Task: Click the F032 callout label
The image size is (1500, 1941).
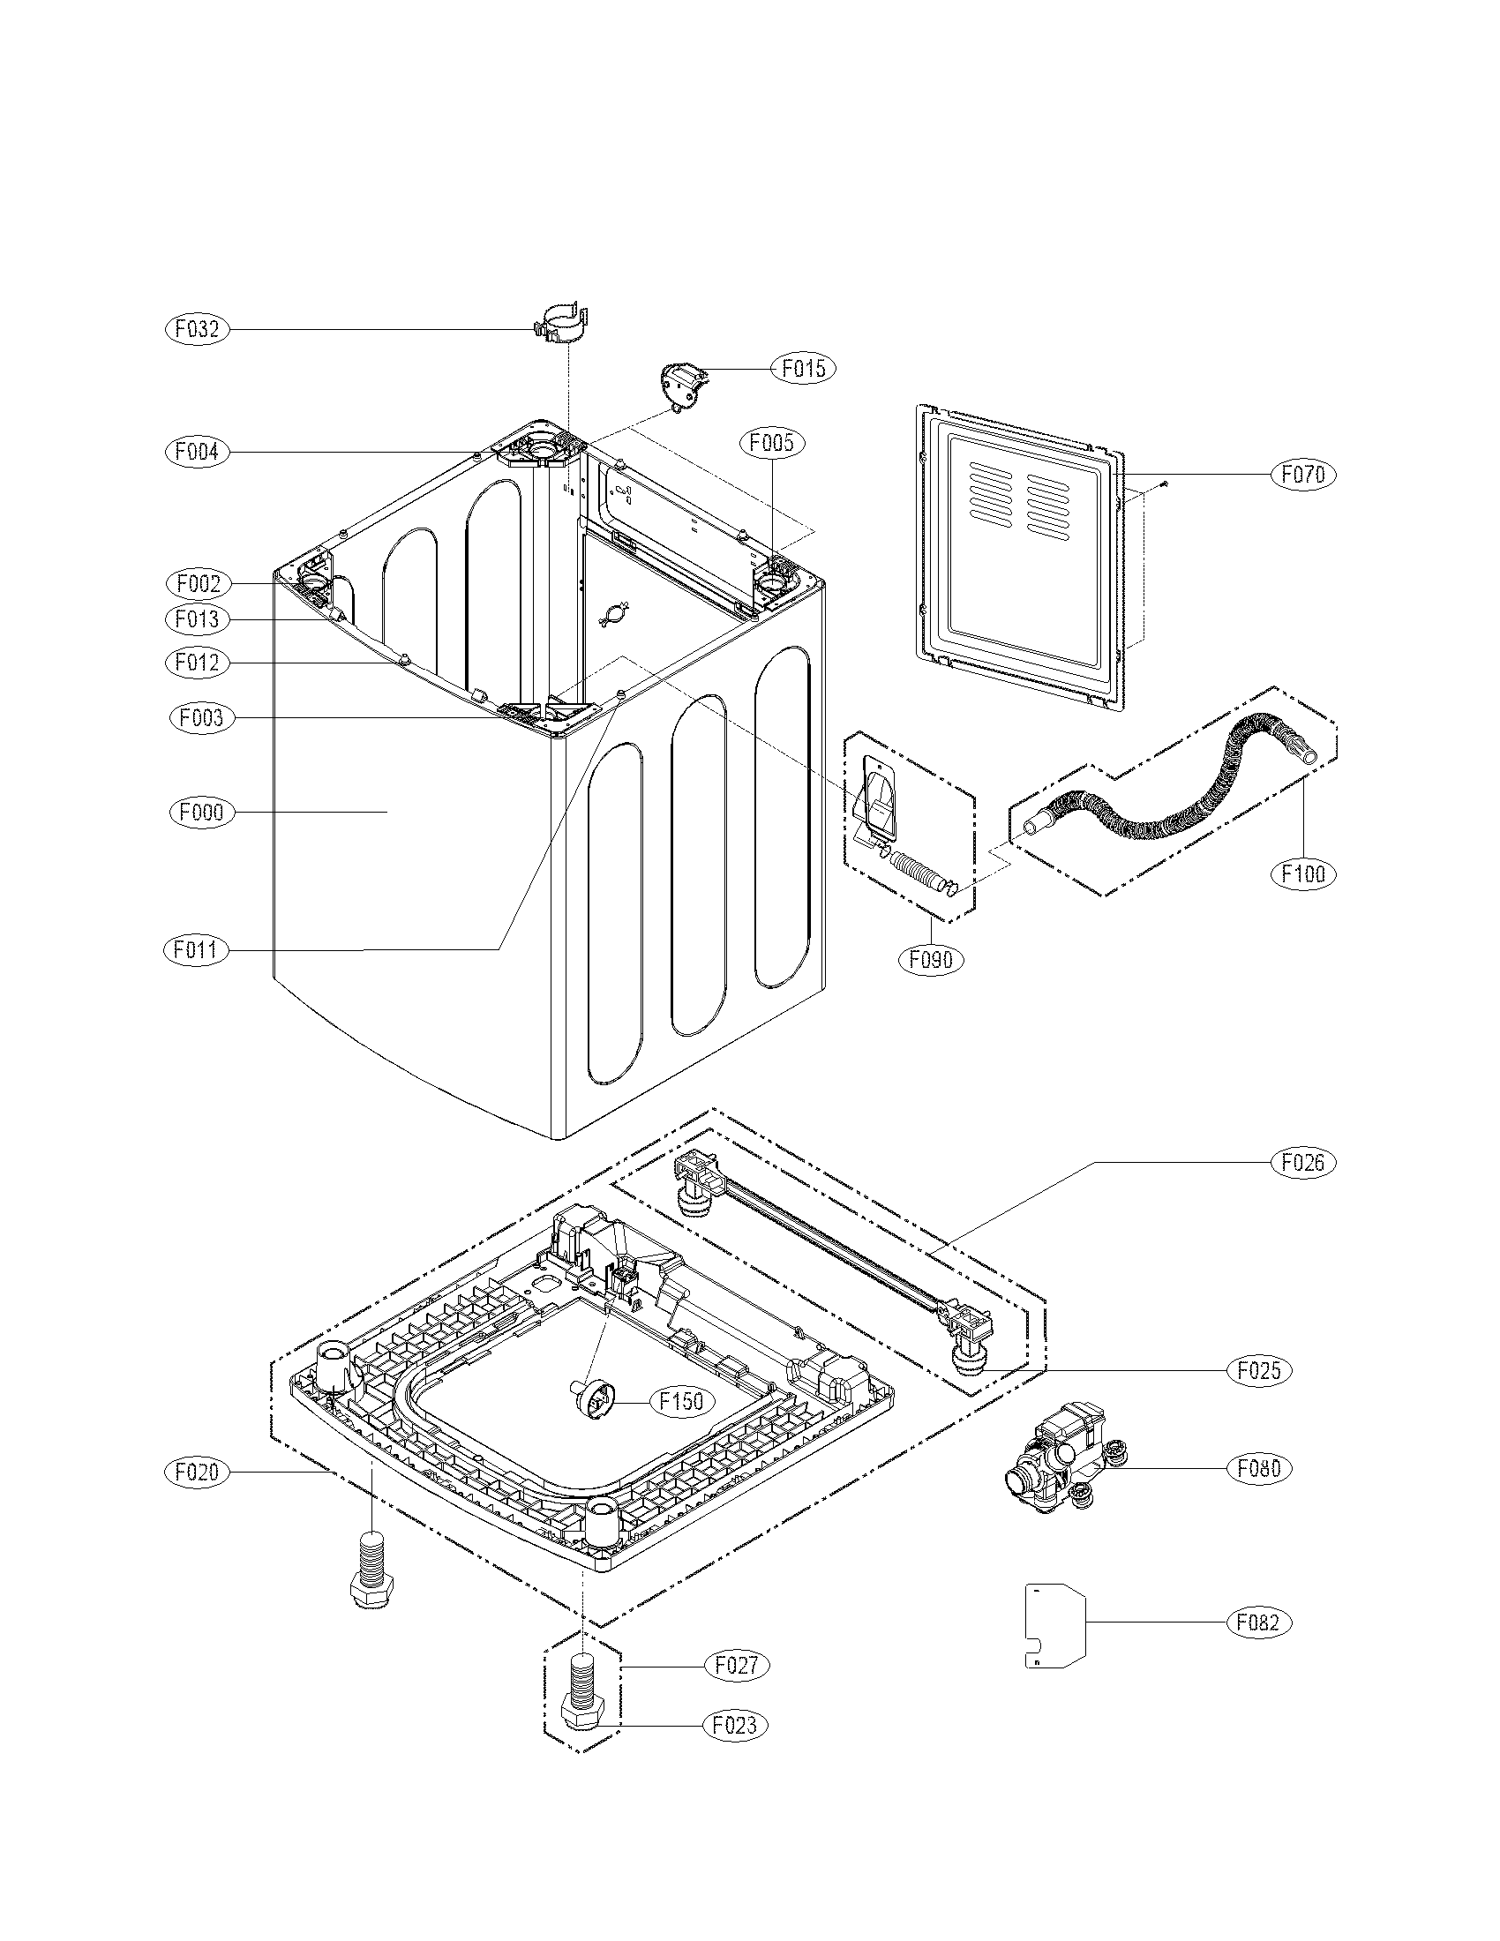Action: (x=197, y=330)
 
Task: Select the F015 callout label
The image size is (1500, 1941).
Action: (x=803, y=368)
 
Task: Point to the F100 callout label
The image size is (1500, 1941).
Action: (x=1303, y=873)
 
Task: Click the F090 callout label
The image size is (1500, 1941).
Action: (x=930, y=960)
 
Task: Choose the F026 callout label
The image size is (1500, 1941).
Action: (x=1303, y=1163)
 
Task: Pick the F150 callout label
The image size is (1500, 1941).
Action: (x=681, y=1402)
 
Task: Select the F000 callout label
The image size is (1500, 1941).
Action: (x=202, y=813)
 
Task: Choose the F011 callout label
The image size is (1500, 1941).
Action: (x=197, y=950)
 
